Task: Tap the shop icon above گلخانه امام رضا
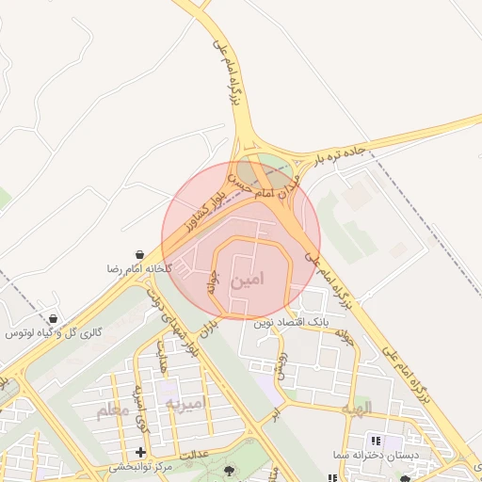tap(139, 254)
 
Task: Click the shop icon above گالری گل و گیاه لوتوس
tap(52, 319)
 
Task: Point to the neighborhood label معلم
tap(116, 411)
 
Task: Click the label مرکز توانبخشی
tap(140, 467)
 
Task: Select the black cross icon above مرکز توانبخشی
tap(140, 453)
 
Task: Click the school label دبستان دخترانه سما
tap(369, 455)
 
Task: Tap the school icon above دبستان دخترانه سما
tap(376, 441)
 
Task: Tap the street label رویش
tap(280, 363)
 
